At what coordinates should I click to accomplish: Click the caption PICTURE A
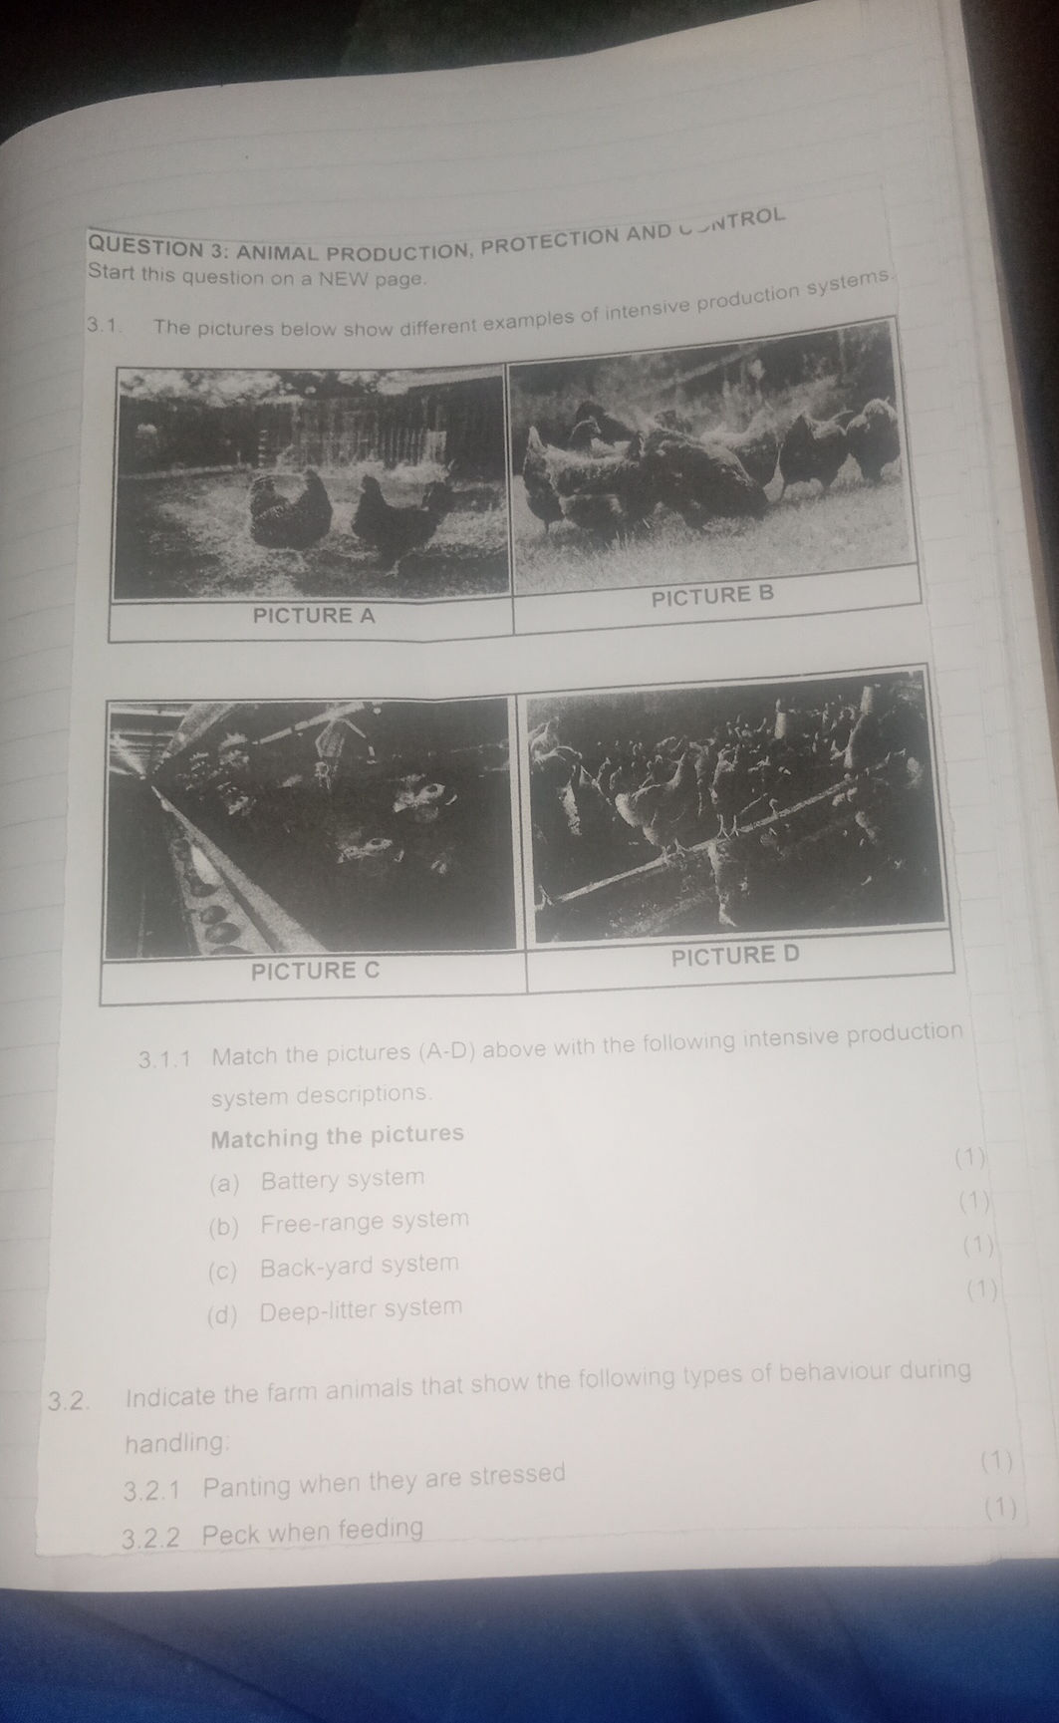click(x=314, y=616)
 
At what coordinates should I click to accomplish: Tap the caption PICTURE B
click(x=711, y=597)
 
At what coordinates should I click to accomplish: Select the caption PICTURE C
click(x=316, y=970)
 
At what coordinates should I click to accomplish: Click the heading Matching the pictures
click(x=338, y=1136)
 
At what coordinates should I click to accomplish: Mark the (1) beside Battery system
click(x=969, y=1158)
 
